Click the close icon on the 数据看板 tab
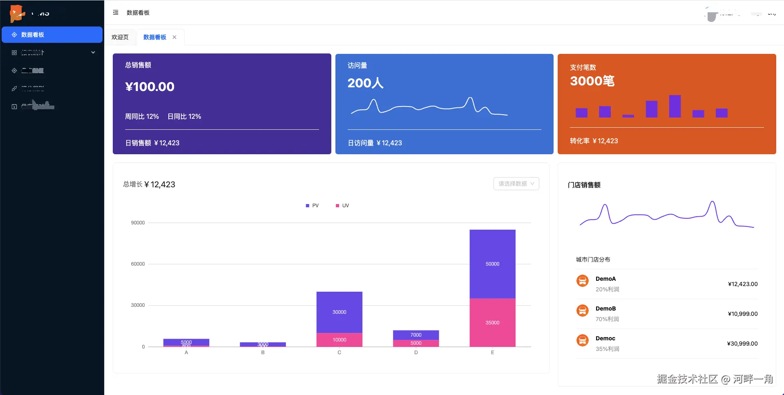(x=174, y=37)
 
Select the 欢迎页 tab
(x=120, y=37)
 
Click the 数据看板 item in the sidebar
(x=52, y=35)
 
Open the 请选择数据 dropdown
(x=516, y=184)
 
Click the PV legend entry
(x=312, y=206)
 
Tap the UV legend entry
(x=342, y=206)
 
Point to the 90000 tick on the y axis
(x=138, y=223)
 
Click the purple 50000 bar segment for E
(x=492, y=264)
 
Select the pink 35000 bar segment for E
(x=492, y=322)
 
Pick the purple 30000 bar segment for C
(x=339, y=312)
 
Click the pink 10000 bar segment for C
(x=339, y=340)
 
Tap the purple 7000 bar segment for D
(x=416, y=335)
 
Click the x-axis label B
(x=263, y=353)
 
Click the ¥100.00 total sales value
(x=150, y=87)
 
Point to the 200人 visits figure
(x=365, y=83)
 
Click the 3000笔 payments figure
(x=592, y=81)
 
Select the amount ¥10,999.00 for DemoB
(x=742, y=314)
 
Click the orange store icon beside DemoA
(x=582, y=281)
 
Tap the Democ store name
(x=605, y=338)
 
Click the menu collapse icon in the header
(x=116, y=13)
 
